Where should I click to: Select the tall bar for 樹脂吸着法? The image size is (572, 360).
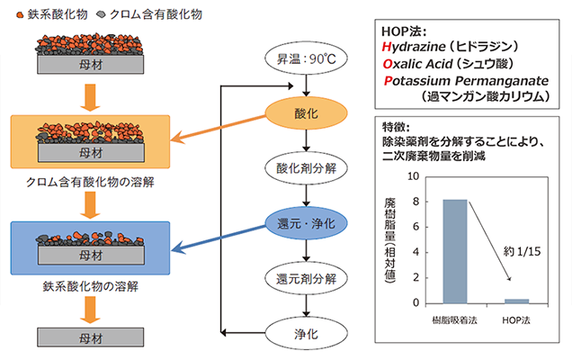pyautogui.click(x=455, y=251)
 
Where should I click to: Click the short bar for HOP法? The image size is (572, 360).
pyautogui.click(x=514, y=300)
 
